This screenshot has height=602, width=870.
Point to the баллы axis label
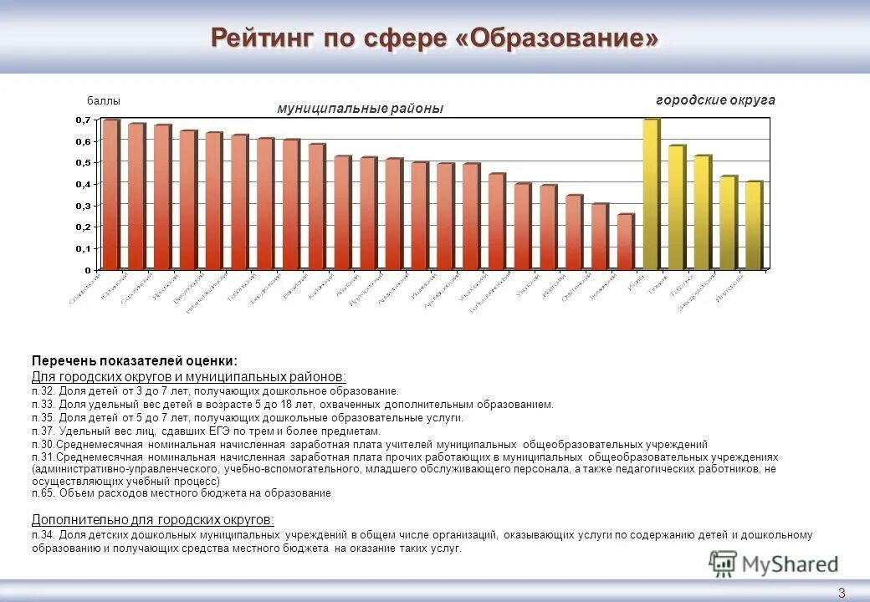[104, 101]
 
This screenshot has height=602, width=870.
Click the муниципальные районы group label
[360, 109]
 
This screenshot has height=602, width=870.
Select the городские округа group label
[715, 100]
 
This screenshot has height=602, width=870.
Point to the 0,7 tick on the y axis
[83, 120]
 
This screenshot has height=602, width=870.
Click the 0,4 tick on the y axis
[83, 184]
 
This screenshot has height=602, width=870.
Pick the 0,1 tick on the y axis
[83, 249]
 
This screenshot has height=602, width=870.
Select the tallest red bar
[110, 195]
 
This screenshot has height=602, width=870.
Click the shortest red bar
[624, 242]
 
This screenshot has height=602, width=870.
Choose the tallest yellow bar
[650, 195]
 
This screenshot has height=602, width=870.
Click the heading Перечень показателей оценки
[135, 360]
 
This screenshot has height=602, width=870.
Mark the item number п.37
[43, 430]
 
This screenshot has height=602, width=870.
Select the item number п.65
[43, 493]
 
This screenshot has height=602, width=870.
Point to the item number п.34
[43, 535]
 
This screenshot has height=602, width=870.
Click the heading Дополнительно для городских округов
[152, 518]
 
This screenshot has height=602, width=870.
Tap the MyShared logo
[773, 563]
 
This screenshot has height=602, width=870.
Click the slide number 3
[842, 593]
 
